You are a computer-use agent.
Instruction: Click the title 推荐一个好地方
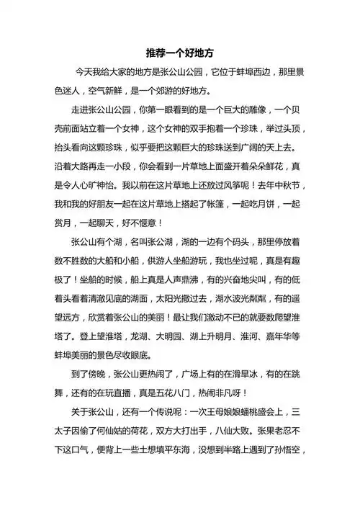click(180, 53)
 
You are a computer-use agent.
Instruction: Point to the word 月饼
click(274, 203)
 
